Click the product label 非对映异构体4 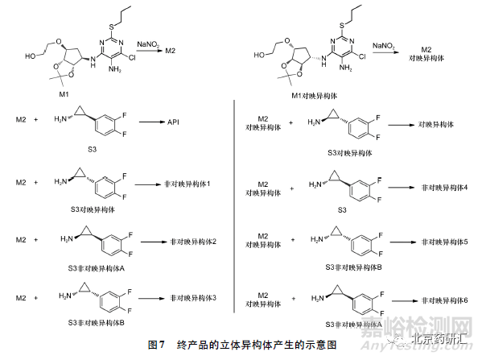(x=444, y=187)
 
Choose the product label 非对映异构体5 (x=444, y=241)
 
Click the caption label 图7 (x=157, y=344)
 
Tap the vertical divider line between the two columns (x=233, y=209)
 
